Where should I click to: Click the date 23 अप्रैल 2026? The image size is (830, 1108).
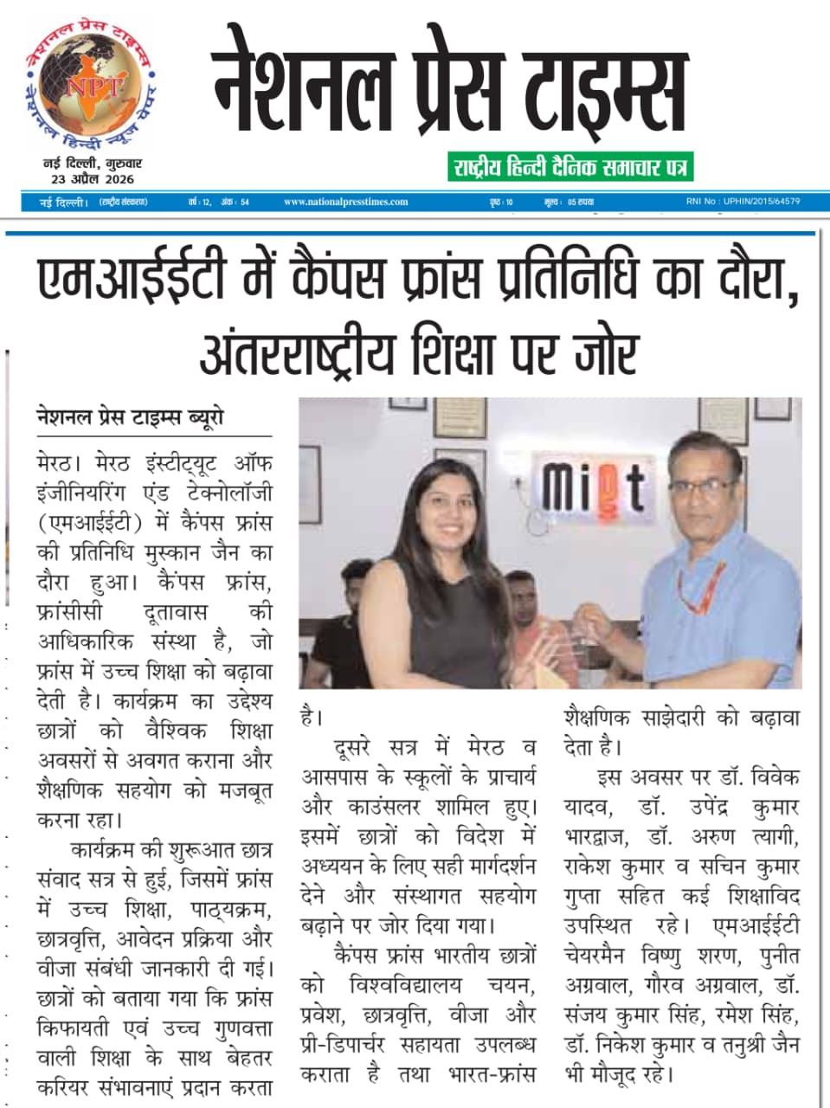click(92, 179)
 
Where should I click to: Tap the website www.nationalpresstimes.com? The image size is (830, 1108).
click(346, 202)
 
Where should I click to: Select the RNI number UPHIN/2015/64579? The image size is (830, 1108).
click(743, 202)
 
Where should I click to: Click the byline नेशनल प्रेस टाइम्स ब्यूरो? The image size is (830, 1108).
click(131, 417)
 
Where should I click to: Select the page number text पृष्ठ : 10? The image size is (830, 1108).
click(501, 202)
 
